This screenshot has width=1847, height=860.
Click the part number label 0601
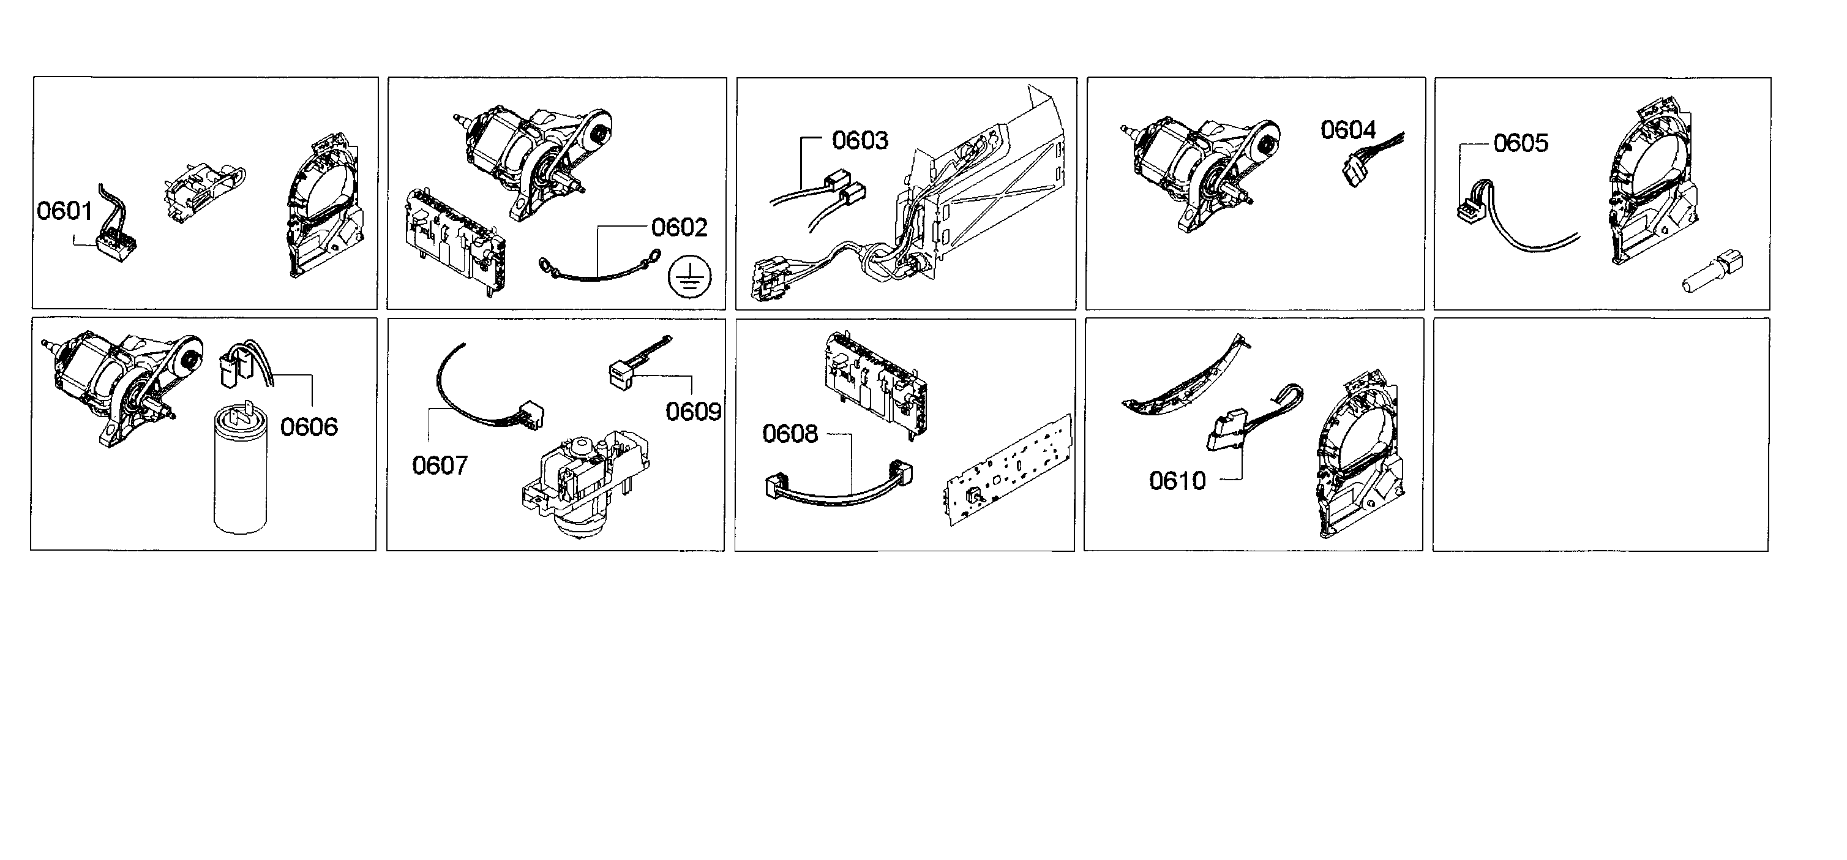coord(64,211)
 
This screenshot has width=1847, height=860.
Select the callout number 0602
coord(679,227)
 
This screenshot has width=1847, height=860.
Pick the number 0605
coord(1521,143)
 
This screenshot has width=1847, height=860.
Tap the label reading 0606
coord(309,427)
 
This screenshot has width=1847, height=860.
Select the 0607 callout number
coord(440,466)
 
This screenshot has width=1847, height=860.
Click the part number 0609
coord(692,411)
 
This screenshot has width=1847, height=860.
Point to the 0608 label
coord(789,433)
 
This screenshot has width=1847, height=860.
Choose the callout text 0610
coord(1177,481)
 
